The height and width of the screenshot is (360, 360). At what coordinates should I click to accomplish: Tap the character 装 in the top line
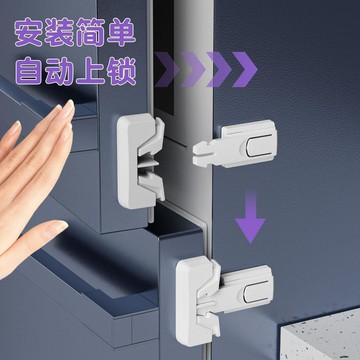click(59, 32)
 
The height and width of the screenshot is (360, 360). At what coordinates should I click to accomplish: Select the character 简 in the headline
click(90, 32)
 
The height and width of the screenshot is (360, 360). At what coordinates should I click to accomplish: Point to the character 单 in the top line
click(121, 32)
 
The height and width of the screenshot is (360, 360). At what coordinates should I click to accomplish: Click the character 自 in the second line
click(29, 71)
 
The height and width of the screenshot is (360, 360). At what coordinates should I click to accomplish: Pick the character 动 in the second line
click(59, 71)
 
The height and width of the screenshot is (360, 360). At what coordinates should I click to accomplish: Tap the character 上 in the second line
click(90, 71)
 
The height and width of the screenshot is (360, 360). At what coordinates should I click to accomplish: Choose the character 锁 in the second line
click(121, 71)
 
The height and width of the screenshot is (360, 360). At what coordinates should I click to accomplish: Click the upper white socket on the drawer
click(141, 160)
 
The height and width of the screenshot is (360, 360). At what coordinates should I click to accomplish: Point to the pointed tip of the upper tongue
click(194, 154)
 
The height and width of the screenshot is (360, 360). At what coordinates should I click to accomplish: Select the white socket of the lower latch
click(197, 302)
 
